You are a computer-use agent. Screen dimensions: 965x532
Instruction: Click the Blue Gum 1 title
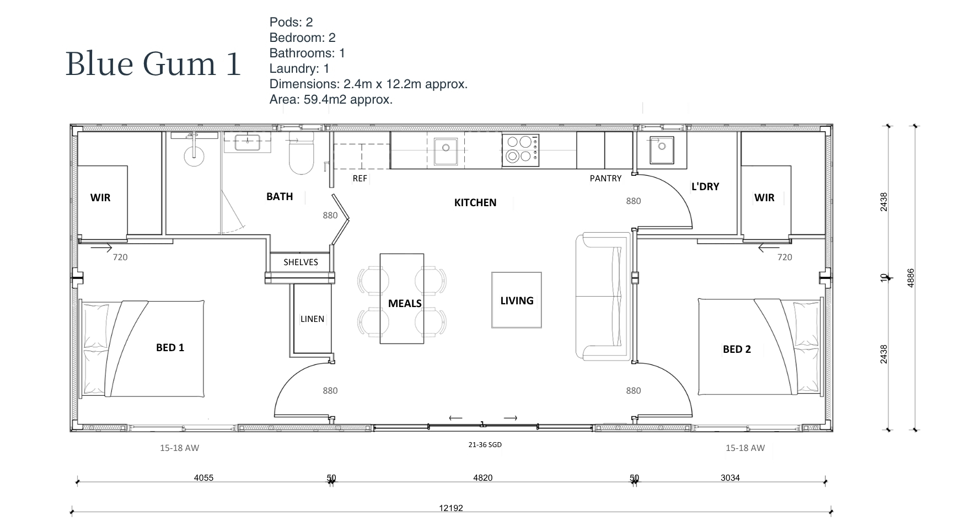coord(153,63)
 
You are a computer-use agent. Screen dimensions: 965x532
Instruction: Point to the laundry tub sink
coord(661,149)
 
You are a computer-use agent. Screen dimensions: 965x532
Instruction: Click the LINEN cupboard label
coord(312,319)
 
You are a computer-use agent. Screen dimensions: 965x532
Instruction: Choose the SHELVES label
coord(301,262)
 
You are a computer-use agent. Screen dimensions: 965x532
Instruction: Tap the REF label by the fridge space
coord(360,179)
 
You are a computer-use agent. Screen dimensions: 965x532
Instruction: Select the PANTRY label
coord(605,179)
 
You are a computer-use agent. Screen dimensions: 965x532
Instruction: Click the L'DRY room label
coord(705,186)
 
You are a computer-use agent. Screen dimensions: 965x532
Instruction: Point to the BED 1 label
coord(170,347)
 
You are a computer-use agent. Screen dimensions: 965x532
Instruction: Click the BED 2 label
coord(737,349)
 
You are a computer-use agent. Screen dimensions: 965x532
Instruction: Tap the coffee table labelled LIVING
coord(517,300)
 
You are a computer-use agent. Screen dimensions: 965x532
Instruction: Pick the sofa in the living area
coord(603,297)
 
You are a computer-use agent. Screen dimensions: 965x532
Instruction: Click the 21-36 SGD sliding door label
coord(485,445)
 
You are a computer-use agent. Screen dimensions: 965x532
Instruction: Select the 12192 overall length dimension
coord(451,508)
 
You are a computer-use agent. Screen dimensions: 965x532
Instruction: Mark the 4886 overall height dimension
coord(911,278)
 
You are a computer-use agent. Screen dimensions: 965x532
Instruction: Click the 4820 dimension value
coord(483,477)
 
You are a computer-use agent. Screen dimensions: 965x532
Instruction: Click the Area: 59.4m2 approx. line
coord(331,100)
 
